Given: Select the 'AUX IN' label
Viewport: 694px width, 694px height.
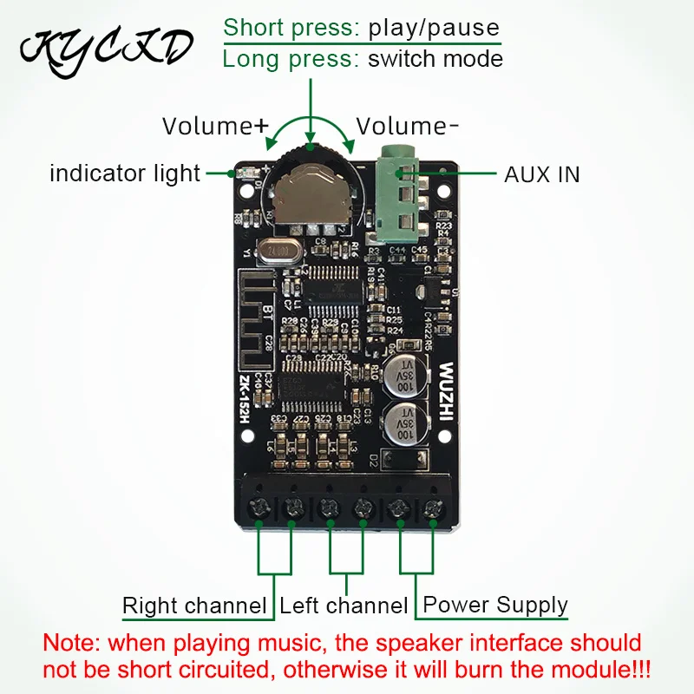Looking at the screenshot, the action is tap(542, 174).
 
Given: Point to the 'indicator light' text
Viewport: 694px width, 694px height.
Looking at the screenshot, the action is tap(125, 173).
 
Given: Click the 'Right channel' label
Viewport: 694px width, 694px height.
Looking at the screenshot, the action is tap(194, 606).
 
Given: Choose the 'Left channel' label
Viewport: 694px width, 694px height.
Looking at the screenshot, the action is tap(344, 606).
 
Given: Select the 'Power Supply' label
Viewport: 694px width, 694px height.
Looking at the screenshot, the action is tap(494, 605).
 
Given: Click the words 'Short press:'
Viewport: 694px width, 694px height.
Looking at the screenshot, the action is tap(291, 27).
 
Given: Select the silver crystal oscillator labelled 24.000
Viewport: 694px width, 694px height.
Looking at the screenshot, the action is tap(278, 250).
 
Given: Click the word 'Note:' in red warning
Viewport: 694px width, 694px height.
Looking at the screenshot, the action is tap(71, 644).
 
